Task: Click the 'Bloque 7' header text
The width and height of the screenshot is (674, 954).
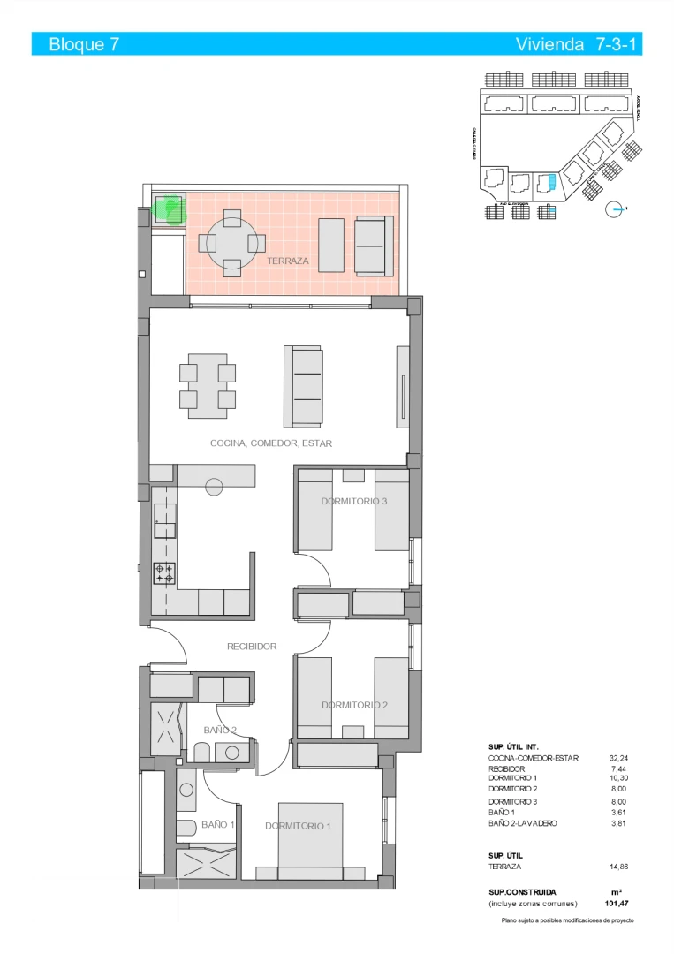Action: tap(85, 44)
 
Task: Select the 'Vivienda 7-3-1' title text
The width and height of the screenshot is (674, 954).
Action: tap(577, 44)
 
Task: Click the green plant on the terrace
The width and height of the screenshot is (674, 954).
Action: tap(168, 209)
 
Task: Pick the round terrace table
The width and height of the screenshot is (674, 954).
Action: tap(231, 241)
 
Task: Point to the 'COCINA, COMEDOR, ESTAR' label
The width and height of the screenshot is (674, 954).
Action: tap(271, 443)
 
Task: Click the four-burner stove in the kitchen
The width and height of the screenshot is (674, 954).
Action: tap(164, 573)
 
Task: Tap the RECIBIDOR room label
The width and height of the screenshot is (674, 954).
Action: tap(252, 647)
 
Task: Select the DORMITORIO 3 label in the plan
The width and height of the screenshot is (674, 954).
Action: tap(353, 502)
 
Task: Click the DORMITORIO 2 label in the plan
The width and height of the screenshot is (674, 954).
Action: tap(354, 705)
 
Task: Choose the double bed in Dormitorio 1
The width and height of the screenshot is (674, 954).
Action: tap(310, 839)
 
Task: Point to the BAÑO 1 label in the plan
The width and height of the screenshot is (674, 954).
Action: tap(217, 824)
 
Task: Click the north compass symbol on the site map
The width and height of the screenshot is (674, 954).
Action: tap(615, 209)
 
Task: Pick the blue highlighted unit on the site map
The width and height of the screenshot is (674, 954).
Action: tap(551, 182)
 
